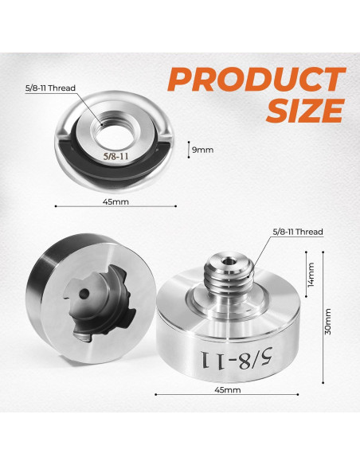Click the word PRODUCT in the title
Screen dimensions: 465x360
click(256, 80)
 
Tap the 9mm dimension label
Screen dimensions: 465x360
click(202, 148)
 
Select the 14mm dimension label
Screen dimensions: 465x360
click(312, 275)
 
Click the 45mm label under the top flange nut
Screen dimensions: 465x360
click(116, 202)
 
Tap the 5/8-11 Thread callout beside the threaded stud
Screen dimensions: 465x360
click(297, 232)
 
